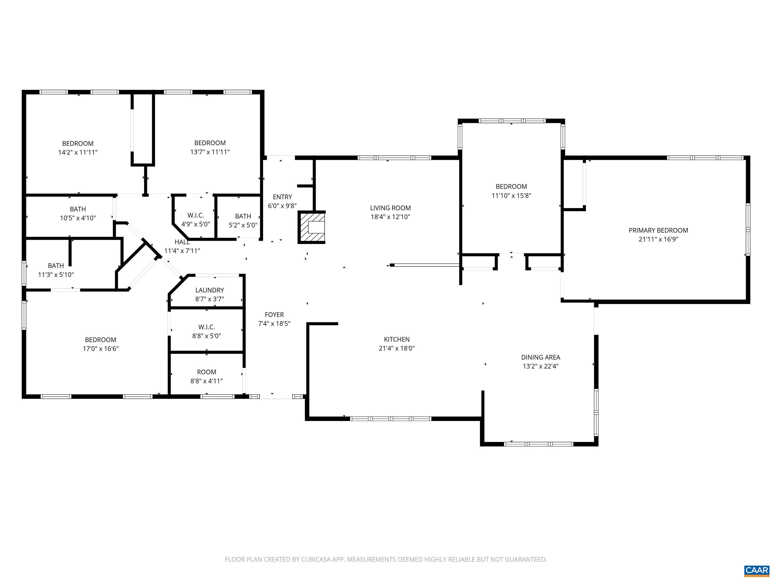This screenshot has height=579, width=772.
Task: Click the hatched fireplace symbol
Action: tap(312, 227)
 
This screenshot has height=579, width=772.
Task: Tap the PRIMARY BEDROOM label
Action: tap(658, 230)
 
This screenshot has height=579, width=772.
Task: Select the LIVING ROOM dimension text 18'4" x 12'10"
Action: tap(390, 217)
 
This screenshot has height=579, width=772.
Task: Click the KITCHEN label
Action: tap(397, 339)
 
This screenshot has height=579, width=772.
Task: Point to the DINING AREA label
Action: tap(540, 357)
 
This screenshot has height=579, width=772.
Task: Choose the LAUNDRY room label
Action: tap(209, 290)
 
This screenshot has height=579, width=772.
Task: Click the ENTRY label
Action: tap(282, 197)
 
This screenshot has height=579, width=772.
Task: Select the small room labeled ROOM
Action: tap(206, 372)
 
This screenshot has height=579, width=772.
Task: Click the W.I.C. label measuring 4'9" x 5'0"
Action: tap(196, 215)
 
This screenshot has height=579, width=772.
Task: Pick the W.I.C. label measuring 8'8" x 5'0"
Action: tap(206, 327)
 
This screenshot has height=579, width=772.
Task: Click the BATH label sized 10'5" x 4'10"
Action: tap(77, 209)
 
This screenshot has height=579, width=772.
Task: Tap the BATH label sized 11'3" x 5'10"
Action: tap(56, 266)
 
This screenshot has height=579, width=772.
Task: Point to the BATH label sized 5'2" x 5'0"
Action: tap(243, 216)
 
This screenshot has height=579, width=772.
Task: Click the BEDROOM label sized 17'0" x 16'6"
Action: tap(101, 340)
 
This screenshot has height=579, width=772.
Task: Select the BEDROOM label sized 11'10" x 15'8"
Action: tap(511, 187)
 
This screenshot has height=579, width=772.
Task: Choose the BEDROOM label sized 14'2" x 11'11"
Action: tap(77, 143)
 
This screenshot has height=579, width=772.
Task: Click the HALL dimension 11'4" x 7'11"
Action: tap(182, 251)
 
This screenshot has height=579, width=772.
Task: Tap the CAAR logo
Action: tap(756, 570)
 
